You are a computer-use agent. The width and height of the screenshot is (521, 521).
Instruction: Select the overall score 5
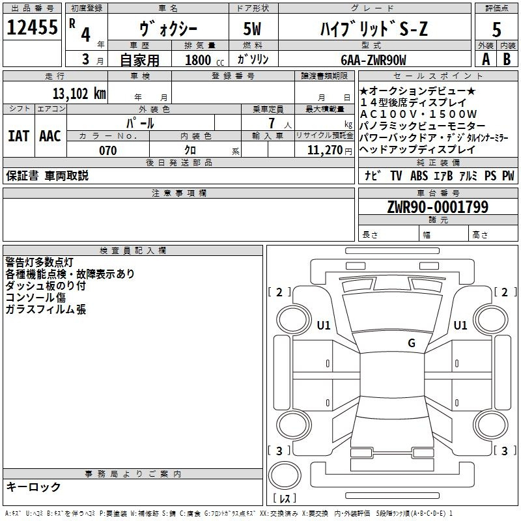[496, 29]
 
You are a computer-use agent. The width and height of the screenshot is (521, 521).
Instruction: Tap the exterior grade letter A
[485, 59]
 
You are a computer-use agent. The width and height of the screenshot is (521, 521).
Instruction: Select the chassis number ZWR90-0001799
[438, 207]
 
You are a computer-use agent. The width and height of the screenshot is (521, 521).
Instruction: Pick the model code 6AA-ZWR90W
[373, 60]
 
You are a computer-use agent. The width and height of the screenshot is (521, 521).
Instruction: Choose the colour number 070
[107, 150]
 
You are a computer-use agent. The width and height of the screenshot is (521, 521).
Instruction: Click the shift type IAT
[19, 136]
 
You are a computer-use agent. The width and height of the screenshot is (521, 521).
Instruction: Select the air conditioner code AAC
[50, 136]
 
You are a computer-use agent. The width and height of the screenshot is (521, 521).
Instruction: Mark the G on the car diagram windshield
[412, 343]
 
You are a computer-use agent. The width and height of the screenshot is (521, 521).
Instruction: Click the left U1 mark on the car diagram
[324, 325]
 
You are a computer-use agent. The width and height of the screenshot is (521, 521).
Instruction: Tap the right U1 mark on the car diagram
[460, 325]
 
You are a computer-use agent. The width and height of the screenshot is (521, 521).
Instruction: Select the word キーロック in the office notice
[33, 486]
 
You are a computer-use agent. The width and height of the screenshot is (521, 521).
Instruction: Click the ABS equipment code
[419, 176]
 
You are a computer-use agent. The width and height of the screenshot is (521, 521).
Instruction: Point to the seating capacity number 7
[271, 123]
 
